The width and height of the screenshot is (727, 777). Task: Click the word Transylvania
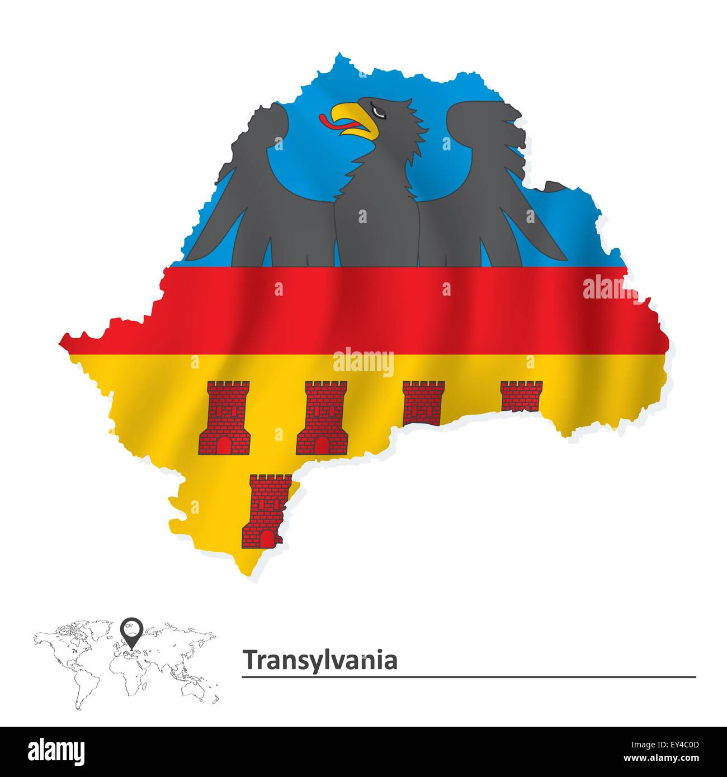point(320,660)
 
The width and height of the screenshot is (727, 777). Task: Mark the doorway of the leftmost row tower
point(224,445)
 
